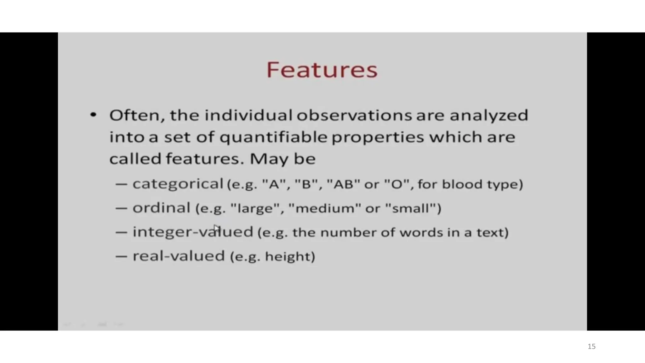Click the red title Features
click(322, 70)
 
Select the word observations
click(354, 115)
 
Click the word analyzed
click(489, 115)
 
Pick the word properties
click(378, 137)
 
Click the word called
click(135, 158)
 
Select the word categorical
click(178, 184)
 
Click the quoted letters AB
click(343, 184)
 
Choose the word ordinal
click(161, 208)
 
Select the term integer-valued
click(193, 232)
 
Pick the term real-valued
click(179, 256)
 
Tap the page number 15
click(591, 347)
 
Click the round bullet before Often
click(93, 115)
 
